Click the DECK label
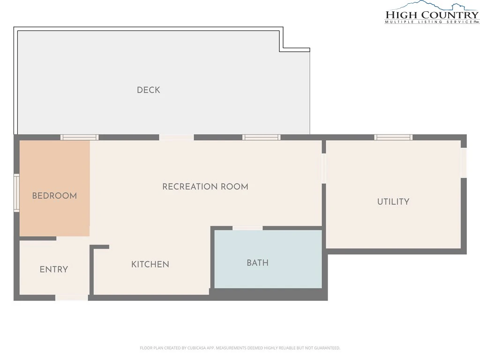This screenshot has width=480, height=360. point(149,90)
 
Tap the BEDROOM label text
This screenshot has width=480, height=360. point(54,195)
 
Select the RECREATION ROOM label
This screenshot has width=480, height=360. point(205,187)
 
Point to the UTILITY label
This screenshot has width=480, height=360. point(393,202)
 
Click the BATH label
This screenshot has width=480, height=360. point(257,262)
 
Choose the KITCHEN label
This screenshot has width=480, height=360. point(150,264)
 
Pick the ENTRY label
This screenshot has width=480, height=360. point(53,270)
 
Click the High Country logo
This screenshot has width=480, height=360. point(432,12)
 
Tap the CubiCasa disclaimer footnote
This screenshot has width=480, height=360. point(240,348)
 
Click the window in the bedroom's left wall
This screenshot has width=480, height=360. point(16,193)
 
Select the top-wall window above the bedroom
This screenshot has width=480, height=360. point(79,137)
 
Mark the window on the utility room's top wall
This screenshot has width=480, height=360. point(393,137)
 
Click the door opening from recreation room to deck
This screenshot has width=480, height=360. point(176,137)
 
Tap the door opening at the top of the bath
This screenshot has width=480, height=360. point(247,228)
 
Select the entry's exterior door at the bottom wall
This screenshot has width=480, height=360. point(72,298)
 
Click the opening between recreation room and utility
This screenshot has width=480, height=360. point(323,168)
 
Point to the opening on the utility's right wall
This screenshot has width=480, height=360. point(464,163)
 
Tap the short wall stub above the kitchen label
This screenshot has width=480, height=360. point(99,247)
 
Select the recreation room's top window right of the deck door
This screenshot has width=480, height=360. point(262,137)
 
